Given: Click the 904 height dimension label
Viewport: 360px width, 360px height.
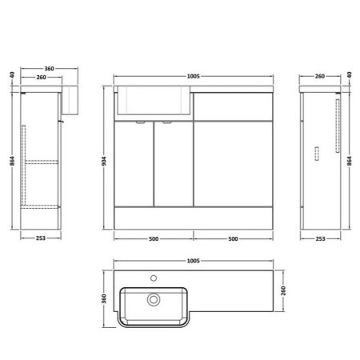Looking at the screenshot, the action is pyautogui.click(x=104, y=161).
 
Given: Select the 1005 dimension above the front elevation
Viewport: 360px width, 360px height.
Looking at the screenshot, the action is pyautogui.click(x=193, y=76).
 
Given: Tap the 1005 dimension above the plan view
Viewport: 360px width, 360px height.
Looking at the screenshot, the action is pyautogui.click(x=193, y=261).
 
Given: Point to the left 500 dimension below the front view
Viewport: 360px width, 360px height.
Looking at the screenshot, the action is pyautogui.click(x=154, y=239).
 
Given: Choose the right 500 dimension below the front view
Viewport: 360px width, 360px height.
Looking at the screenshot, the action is pyautogui.click(x=233, y=239).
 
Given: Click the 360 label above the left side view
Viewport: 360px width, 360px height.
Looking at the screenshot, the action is pyautogui.click(x=49, y=69).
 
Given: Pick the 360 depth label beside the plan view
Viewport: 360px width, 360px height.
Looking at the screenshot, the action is pyautogui.click(x=104, y=298).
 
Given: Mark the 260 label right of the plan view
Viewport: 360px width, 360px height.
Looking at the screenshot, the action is pyautogui.click(x=283, y=290).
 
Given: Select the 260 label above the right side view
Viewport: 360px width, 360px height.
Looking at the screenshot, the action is pyautogui.click(x=320, y=76).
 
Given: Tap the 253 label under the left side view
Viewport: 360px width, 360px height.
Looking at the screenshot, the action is pyautogui.click(x=41, y=238).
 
